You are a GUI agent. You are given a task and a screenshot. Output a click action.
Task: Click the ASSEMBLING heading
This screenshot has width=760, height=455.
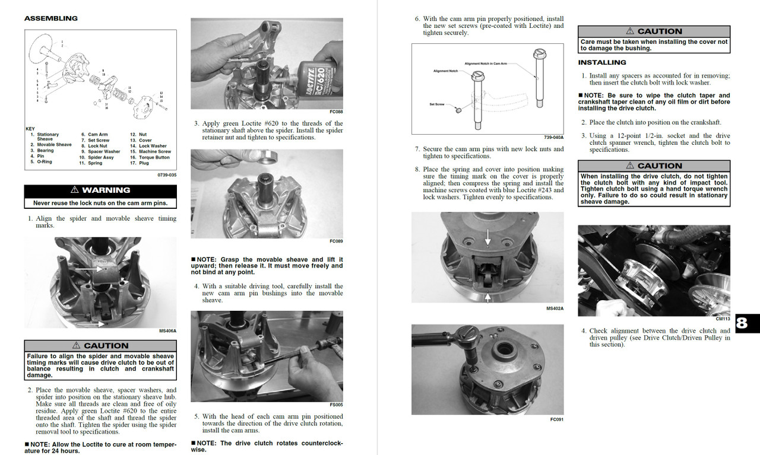(50, 18)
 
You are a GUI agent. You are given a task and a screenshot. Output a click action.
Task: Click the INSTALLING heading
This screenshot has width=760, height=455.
(601, 62)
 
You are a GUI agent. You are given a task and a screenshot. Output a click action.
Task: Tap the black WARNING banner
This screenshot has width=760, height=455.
(100, 190)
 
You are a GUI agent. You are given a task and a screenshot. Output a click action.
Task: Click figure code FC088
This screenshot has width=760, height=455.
(336, 112)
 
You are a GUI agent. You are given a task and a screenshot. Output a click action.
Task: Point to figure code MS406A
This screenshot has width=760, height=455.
(167, 331)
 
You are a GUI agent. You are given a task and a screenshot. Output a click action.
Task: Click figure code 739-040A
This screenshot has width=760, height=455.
(553, 137)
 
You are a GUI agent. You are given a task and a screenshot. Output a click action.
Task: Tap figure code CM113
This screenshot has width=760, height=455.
(723, 319)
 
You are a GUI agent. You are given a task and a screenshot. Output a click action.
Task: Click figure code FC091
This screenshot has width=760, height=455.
(556, 419)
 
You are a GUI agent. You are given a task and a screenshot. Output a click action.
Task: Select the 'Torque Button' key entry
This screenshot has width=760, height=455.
(154, 157)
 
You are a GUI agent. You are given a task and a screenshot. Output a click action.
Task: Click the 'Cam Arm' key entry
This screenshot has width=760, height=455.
(97, 135)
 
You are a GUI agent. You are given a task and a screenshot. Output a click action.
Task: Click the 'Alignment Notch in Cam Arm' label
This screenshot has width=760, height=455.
(485, 63)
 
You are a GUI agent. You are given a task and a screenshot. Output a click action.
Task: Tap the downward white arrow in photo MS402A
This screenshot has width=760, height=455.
(487, 238)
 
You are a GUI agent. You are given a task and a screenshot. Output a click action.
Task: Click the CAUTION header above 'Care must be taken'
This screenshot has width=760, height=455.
(654, 31)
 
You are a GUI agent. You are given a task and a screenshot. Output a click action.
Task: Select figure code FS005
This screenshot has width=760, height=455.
(336, 405)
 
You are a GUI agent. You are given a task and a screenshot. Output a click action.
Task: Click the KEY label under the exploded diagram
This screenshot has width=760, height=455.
(30, 129)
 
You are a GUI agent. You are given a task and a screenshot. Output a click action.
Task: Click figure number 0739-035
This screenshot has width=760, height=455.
(166, 175)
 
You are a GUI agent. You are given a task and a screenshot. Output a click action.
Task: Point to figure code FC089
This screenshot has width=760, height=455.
(336, 241)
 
